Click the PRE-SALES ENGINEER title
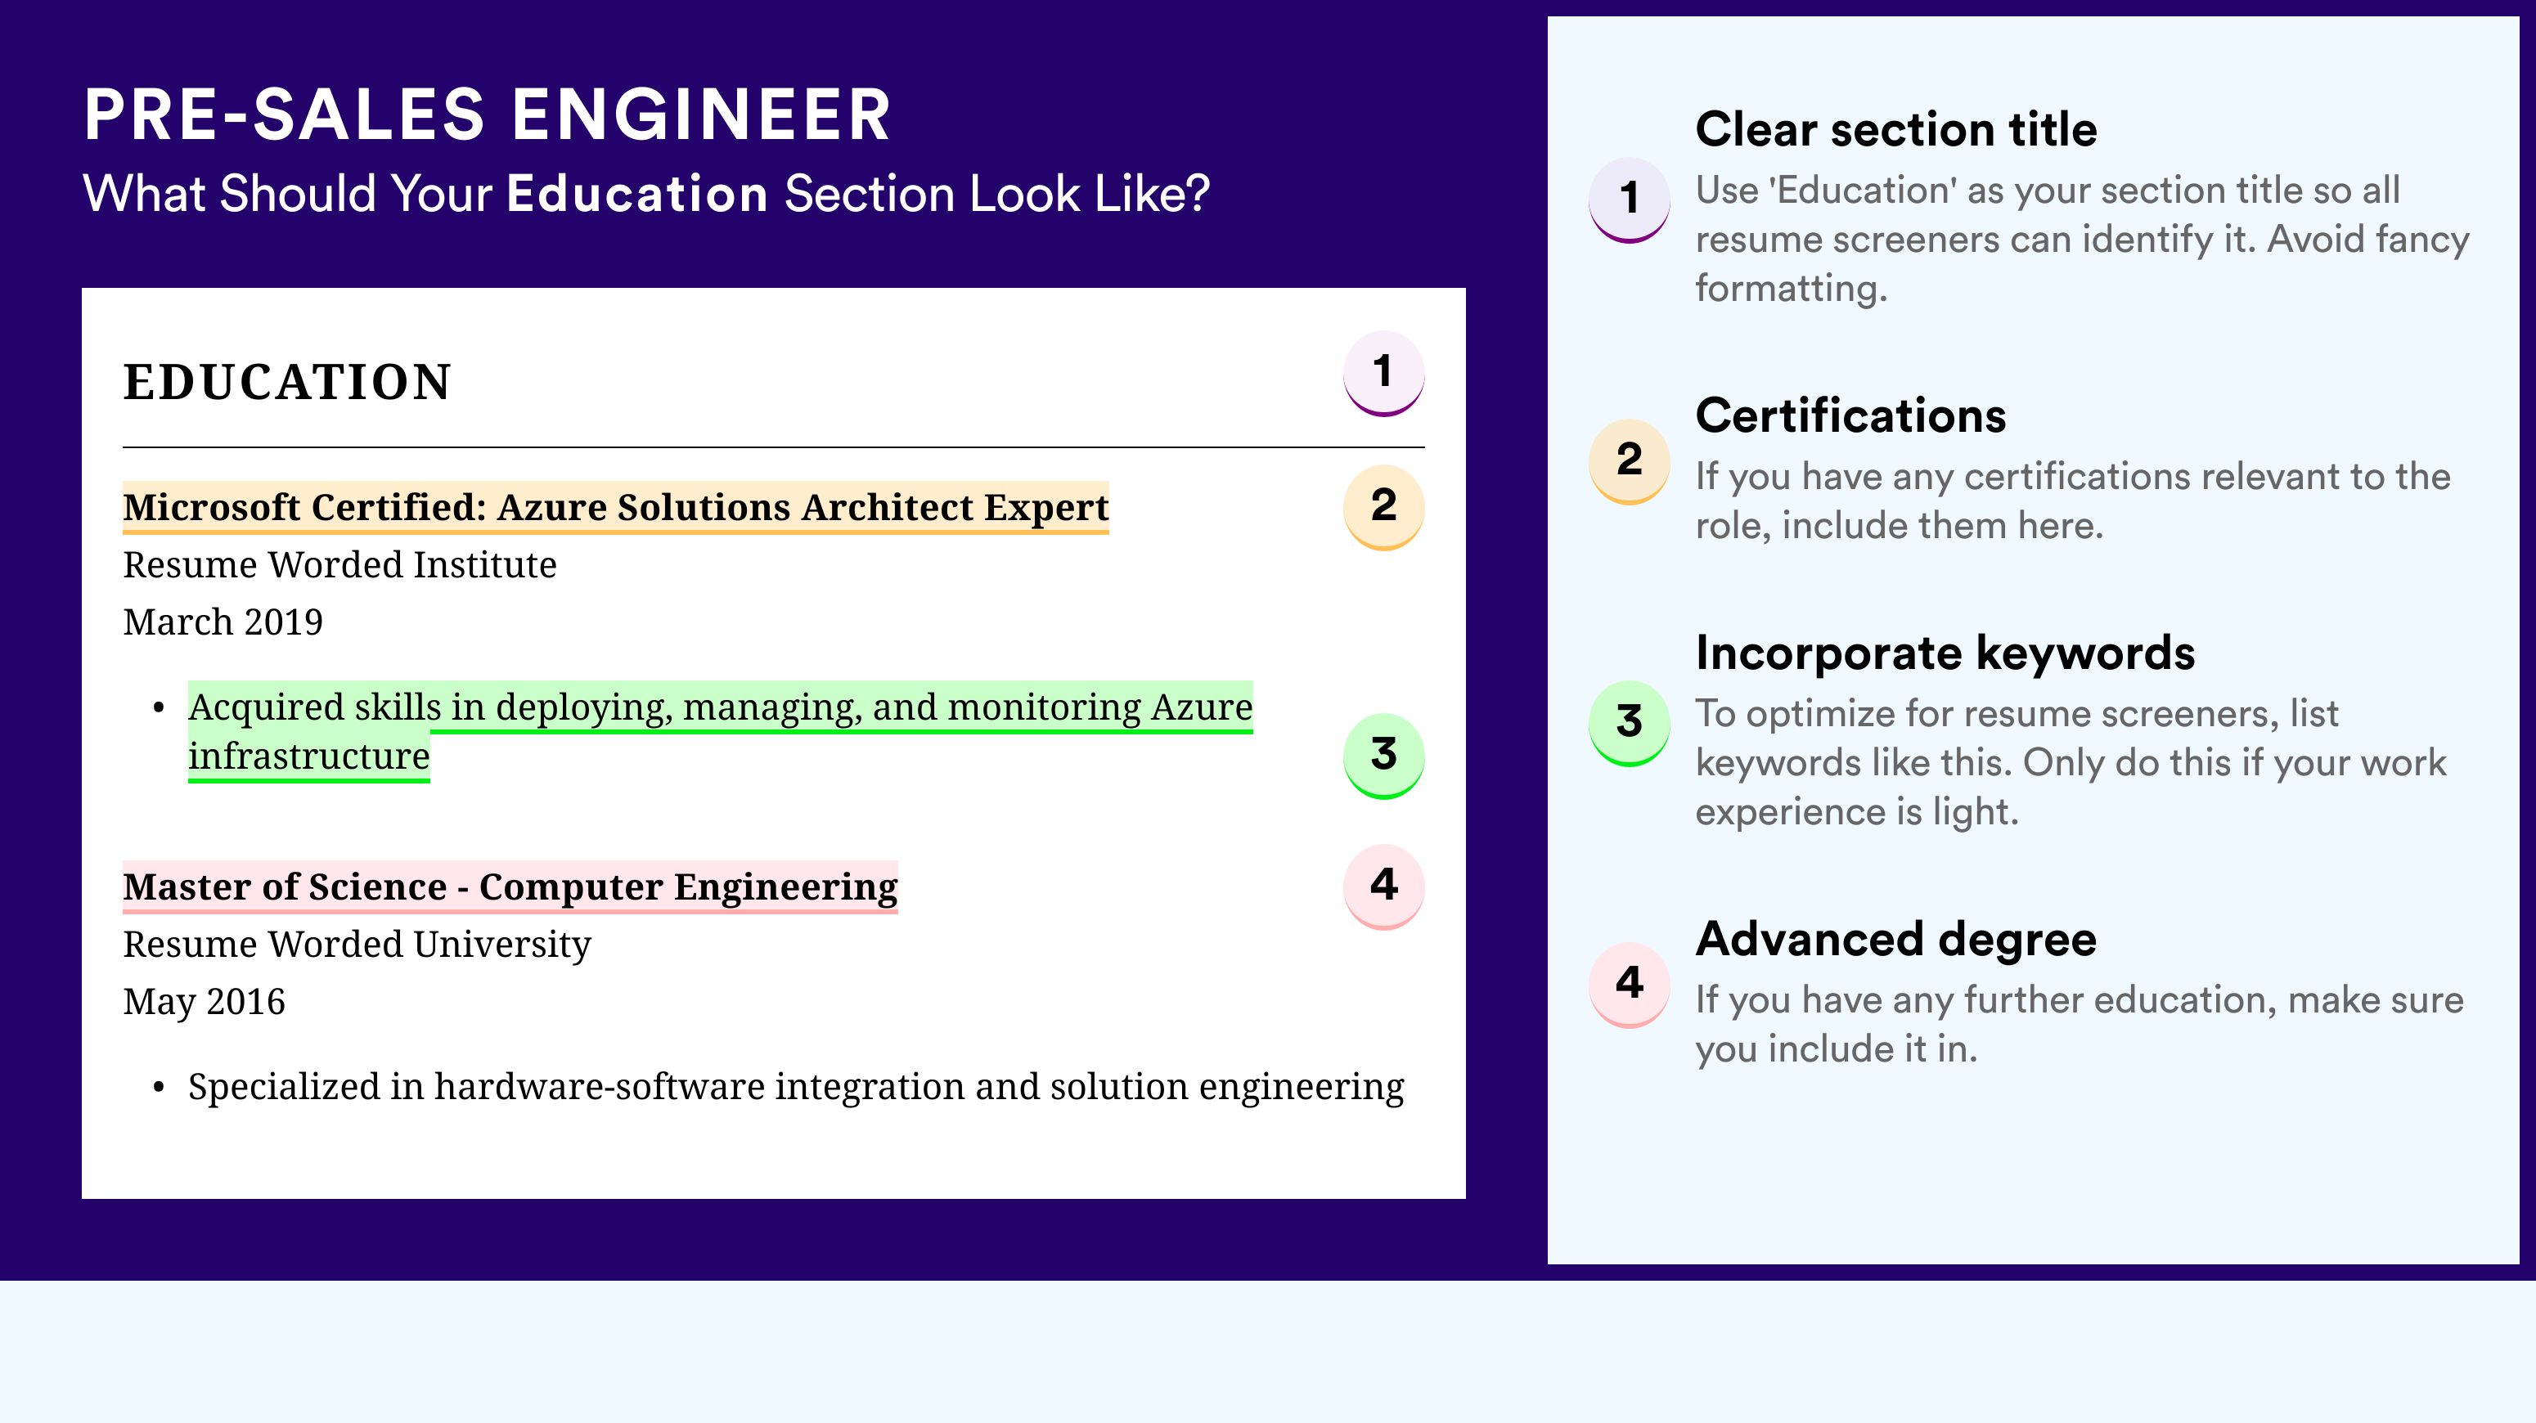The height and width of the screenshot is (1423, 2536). pos(488,114)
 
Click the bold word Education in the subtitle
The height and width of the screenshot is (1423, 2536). pos(637,193)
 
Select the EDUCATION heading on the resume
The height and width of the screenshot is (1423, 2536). pos(286,382)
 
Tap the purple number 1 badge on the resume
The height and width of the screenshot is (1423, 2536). pos(1383,373)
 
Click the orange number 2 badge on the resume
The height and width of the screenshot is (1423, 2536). pos(1383,507)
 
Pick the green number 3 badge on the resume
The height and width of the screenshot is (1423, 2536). pos(1383,756)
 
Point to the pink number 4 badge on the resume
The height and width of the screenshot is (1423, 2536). pos(1383,887)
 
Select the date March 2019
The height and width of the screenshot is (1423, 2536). pos(223,622)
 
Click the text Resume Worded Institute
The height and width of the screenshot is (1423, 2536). pos(339,565)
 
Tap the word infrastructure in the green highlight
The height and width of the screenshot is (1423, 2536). pos(309,756)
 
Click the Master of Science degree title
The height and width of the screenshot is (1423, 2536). pos(510,887)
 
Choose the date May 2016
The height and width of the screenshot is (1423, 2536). pos(204,1002)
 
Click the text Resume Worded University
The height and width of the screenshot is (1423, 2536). pos(357,944)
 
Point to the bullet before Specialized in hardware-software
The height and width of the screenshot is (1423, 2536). pos(159,1089)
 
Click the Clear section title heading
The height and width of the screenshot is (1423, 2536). pos(1896,129)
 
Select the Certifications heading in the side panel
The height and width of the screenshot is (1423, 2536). pos(1850,415)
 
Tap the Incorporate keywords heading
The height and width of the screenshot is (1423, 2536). pos(1945,653)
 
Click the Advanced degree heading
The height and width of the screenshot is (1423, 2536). pos(1896,940)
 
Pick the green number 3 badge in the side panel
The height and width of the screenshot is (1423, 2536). pos(1630,723)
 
